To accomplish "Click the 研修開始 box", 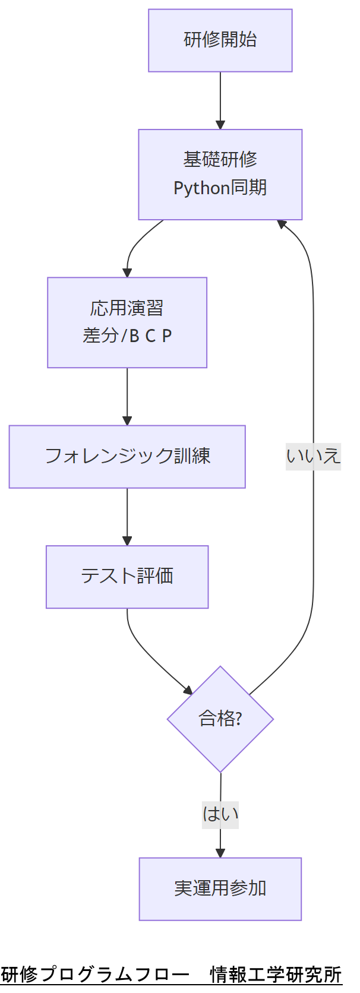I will click(x=220, y=40).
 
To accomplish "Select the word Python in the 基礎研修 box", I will click(x=201, y=188).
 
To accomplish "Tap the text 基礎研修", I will click(x=220, y=159).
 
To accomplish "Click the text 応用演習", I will click(x=127, y=308).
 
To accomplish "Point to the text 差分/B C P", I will click(x=127, y=336).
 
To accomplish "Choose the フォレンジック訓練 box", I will click(x=127, y=457).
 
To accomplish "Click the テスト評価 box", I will click(x=127, y=577).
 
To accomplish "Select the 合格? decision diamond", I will click(x=220, y=719).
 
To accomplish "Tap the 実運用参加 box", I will click(x=220, y=888).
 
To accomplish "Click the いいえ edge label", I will click(x=313, y=456).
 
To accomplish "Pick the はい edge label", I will click(x=220, y=814).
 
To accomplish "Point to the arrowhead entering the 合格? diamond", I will click(x=188, y=690).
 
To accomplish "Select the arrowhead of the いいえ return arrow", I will click(x=282, y=224).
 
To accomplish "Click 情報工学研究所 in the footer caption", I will click(x=276, y=975).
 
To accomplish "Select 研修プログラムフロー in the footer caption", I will click(x=95, y=975).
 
